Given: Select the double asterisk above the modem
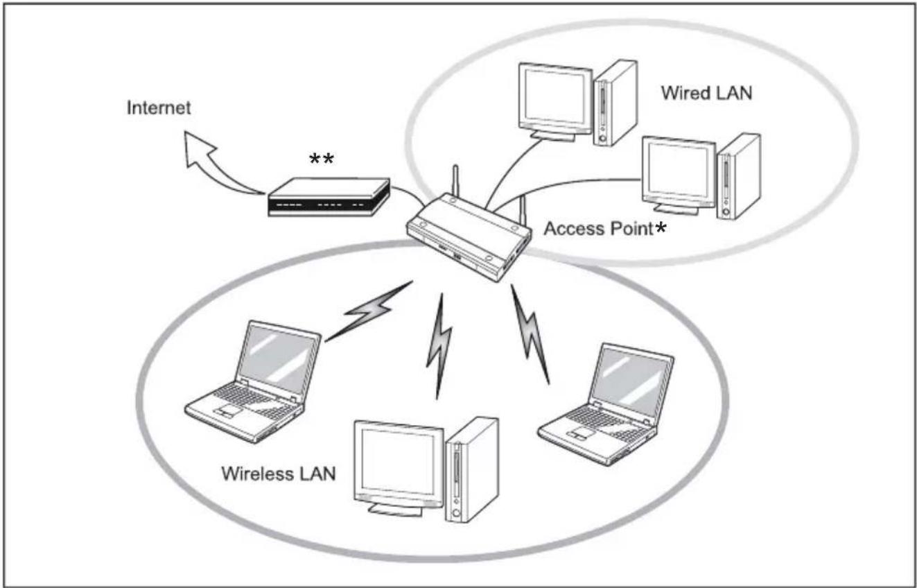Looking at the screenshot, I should click(x=321, y=159).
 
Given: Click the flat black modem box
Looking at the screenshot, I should click(x=328, y=198).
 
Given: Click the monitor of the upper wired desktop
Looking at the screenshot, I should click(x=553, y=97).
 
